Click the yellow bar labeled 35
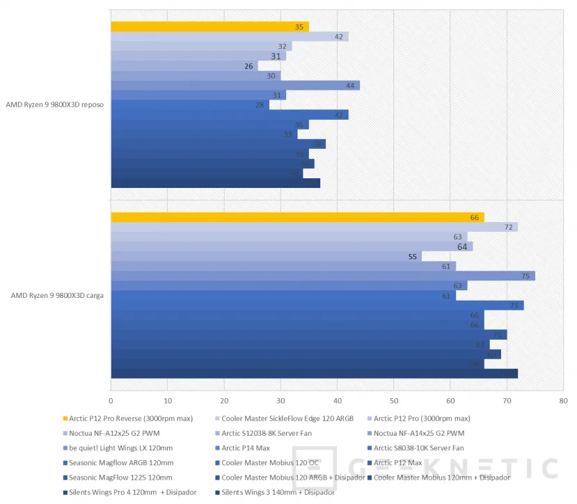[209, 27]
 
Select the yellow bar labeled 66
[297, 217]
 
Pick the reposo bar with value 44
[235, 86]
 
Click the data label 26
[248, 66]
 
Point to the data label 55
[413, 256]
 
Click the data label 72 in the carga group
[508, 228]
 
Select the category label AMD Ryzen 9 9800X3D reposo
[55, 104]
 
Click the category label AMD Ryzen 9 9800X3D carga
[57, 295]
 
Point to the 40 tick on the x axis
[337, 401]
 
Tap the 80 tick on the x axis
[563, 401]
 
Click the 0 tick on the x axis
[111, 401]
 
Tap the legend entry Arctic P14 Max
[245, 448]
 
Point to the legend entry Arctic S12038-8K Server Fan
[266, 433]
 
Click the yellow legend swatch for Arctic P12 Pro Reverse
[65, 418]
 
